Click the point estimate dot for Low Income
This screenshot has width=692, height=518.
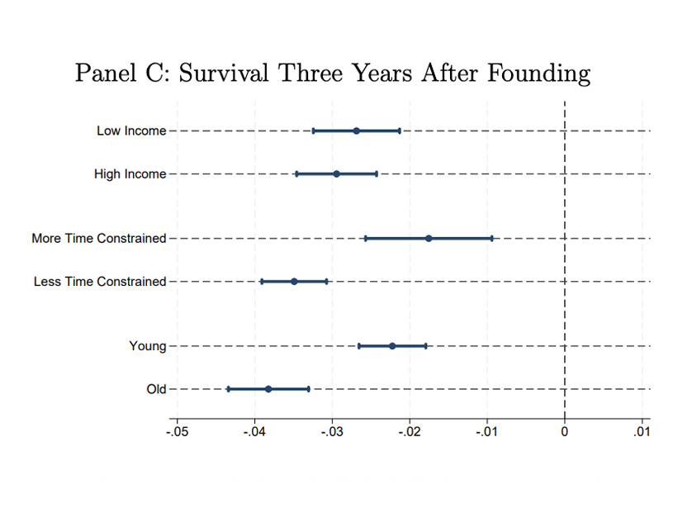[x=356, y=131]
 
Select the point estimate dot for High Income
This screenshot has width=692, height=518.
[x=336, y=173]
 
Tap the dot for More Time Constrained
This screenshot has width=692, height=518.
[x=429, y=238]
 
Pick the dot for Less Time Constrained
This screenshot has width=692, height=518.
[x=294, y=281]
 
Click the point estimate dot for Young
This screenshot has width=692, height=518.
[x=392, y=345]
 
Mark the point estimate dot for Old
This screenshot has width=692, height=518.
[x=268, y=388]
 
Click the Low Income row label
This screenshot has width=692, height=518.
[x=131, y=131]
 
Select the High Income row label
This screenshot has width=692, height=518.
[x=130, y=173]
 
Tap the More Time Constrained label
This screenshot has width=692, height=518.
[x=99, y=238]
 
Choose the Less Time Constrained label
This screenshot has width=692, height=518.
[x=100, y=281]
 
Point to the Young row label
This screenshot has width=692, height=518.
[x=147, y=345]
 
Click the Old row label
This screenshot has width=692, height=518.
[x=156, y=388]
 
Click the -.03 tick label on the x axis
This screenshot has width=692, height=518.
[x=332, y=430]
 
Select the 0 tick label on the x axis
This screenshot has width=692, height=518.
[x=565, y=430]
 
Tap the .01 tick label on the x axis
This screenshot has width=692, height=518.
[x=642, y=430]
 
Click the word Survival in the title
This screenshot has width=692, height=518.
[x=222, y=73]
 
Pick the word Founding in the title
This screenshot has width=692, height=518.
[x=539, y=73]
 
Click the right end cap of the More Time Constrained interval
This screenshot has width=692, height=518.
[x=492, y=238]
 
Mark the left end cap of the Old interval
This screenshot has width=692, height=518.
[x=229, y=388]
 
